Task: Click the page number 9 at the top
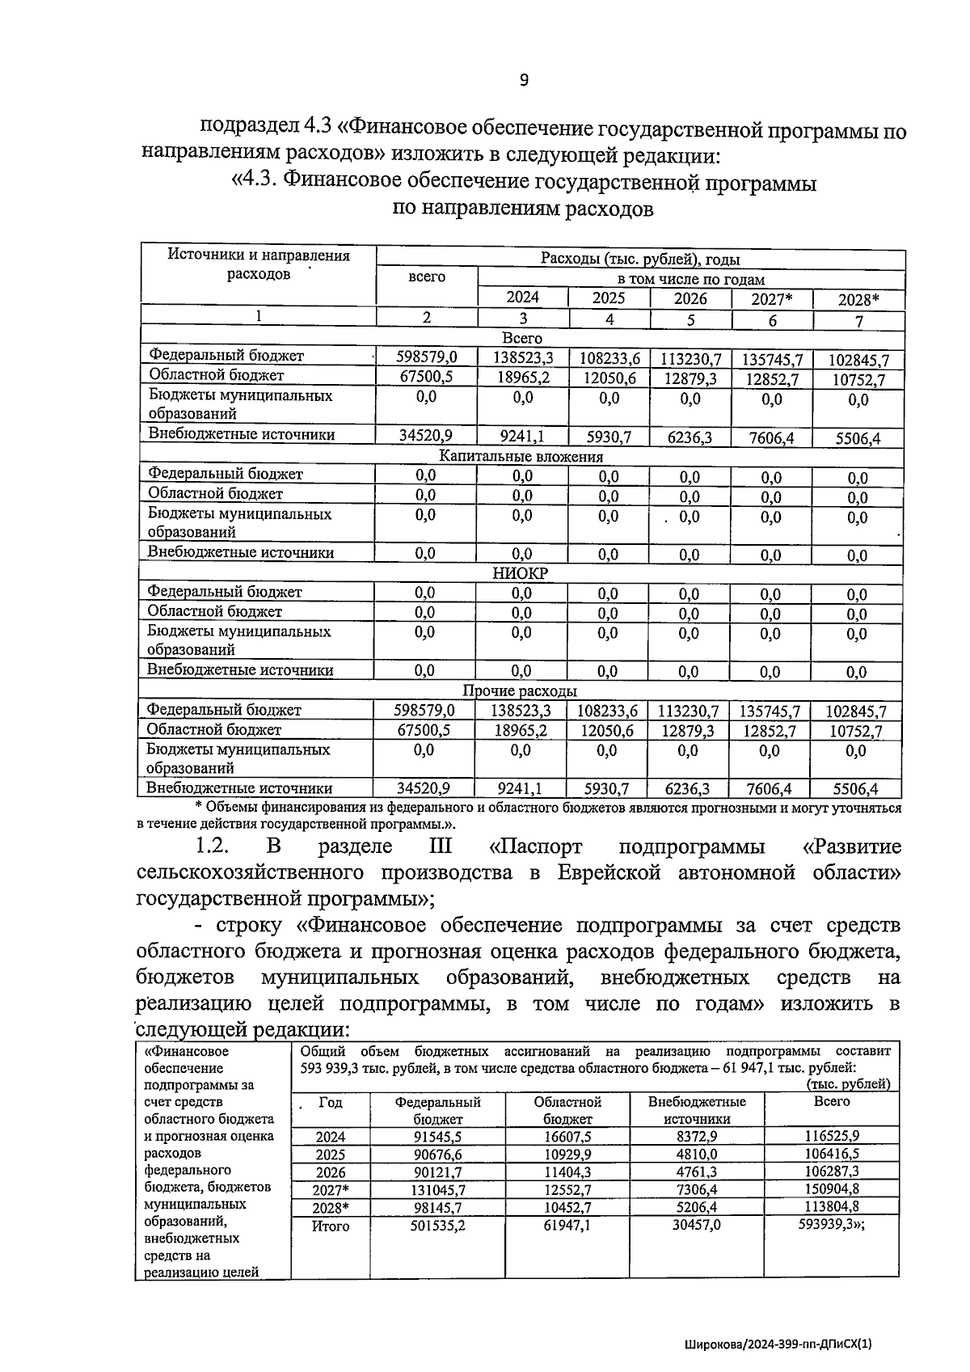tap(524, 79)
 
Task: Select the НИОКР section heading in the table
tap(520, 573)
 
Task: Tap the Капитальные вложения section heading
tap(521, 456)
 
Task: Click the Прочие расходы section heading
tap(520, 691)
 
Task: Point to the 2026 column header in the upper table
tap(690, 298)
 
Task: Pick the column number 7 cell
tap(858, 321)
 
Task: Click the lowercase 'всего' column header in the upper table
tap(427, 277)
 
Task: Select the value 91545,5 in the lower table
tap(437, 1137)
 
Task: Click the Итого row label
tap(331, 1226)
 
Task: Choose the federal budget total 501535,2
tap(437, 1226)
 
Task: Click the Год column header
tap(331, 1102)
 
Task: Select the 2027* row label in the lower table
tap(331, 1190)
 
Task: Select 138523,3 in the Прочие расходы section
tap(521, 711)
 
